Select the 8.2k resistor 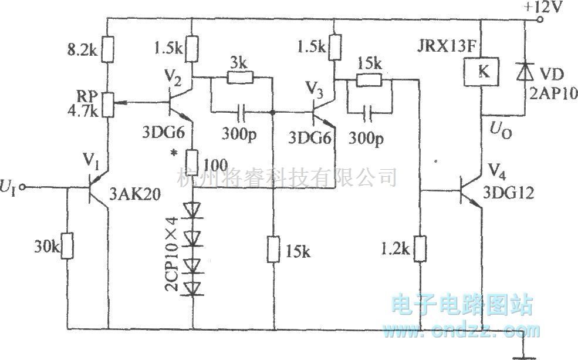coord(108,50)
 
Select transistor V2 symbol coord(177,102)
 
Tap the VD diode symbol coord(521,72)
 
